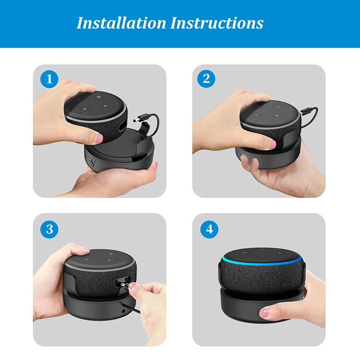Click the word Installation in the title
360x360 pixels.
coord(120,22)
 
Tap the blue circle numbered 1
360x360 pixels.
coord(49,80)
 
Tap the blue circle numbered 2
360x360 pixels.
coord(207,79)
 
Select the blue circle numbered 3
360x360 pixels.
coord(49,229)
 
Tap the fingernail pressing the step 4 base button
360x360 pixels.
coord(264,311)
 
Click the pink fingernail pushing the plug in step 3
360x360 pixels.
coord(132,285)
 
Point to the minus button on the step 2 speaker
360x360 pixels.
coord(255,115)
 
